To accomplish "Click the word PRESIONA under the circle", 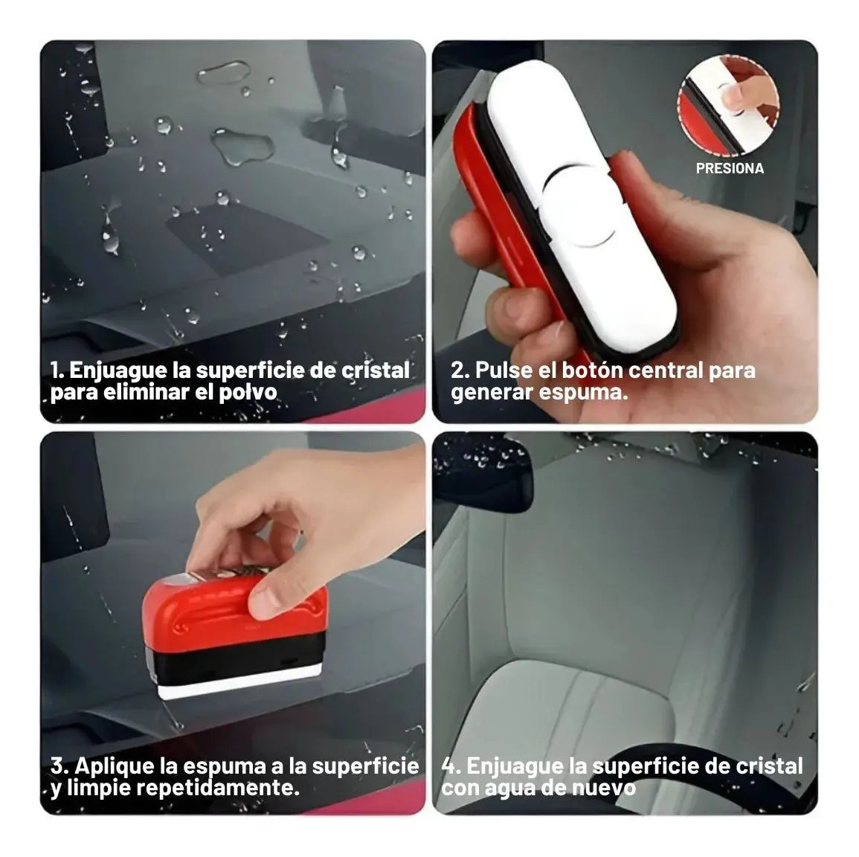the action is pos(730,168).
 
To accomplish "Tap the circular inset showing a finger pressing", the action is pos(728,105).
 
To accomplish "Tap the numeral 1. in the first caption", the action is pos(57,370).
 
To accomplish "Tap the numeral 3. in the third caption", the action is pos(59,766).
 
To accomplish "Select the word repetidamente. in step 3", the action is pos(217,789).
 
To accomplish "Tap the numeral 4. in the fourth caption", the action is pos(451,766).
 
